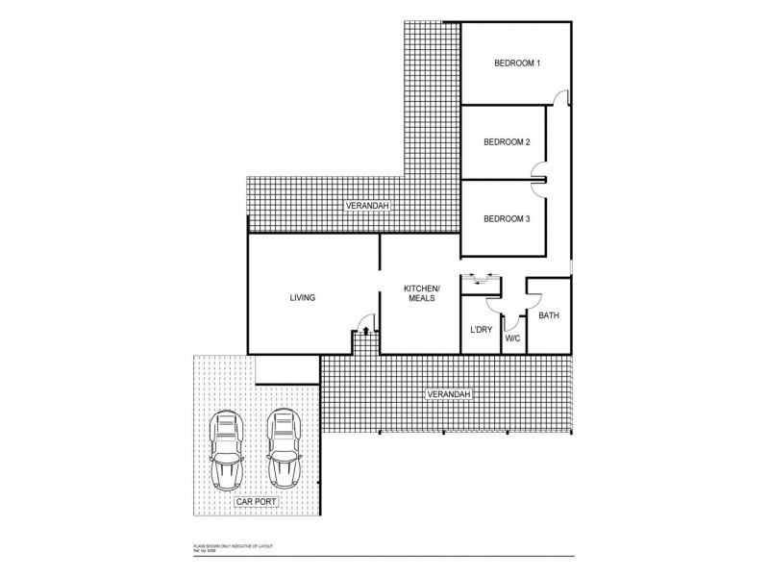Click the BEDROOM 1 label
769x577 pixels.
(x=517, y=63)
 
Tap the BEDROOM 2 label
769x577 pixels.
(x=507, y=142)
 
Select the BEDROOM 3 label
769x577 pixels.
(x=507, y=219)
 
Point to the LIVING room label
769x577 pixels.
(x=303, y=298)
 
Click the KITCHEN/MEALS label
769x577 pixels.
(x=420, y=293)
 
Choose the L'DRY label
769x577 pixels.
(x=481, y=331)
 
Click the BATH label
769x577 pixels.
(x=548, y=315)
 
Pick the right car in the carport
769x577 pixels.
(x=285, y=448)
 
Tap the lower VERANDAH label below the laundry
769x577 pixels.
(x=448, y=395)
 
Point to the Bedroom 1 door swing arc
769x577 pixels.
(x=561, y=96)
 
